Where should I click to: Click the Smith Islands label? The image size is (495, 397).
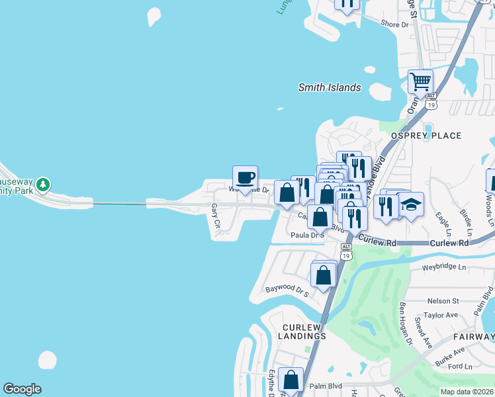330,87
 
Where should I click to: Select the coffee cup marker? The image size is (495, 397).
245,177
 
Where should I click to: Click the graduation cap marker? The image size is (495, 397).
411,204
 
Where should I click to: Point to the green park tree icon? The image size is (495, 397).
43,183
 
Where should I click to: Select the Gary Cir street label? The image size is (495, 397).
215,216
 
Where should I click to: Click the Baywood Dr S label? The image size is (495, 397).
287,290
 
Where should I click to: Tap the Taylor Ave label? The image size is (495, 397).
441,316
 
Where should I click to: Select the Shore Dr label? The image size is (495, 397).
395,24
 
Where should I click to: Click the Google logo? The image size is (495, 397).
22,389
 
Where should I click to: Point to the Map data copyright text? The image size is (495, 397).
466,392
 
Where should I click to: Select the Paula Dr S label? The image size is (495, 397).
308,235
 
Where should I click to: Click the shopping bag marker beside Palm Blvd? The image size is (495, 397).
291,380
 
